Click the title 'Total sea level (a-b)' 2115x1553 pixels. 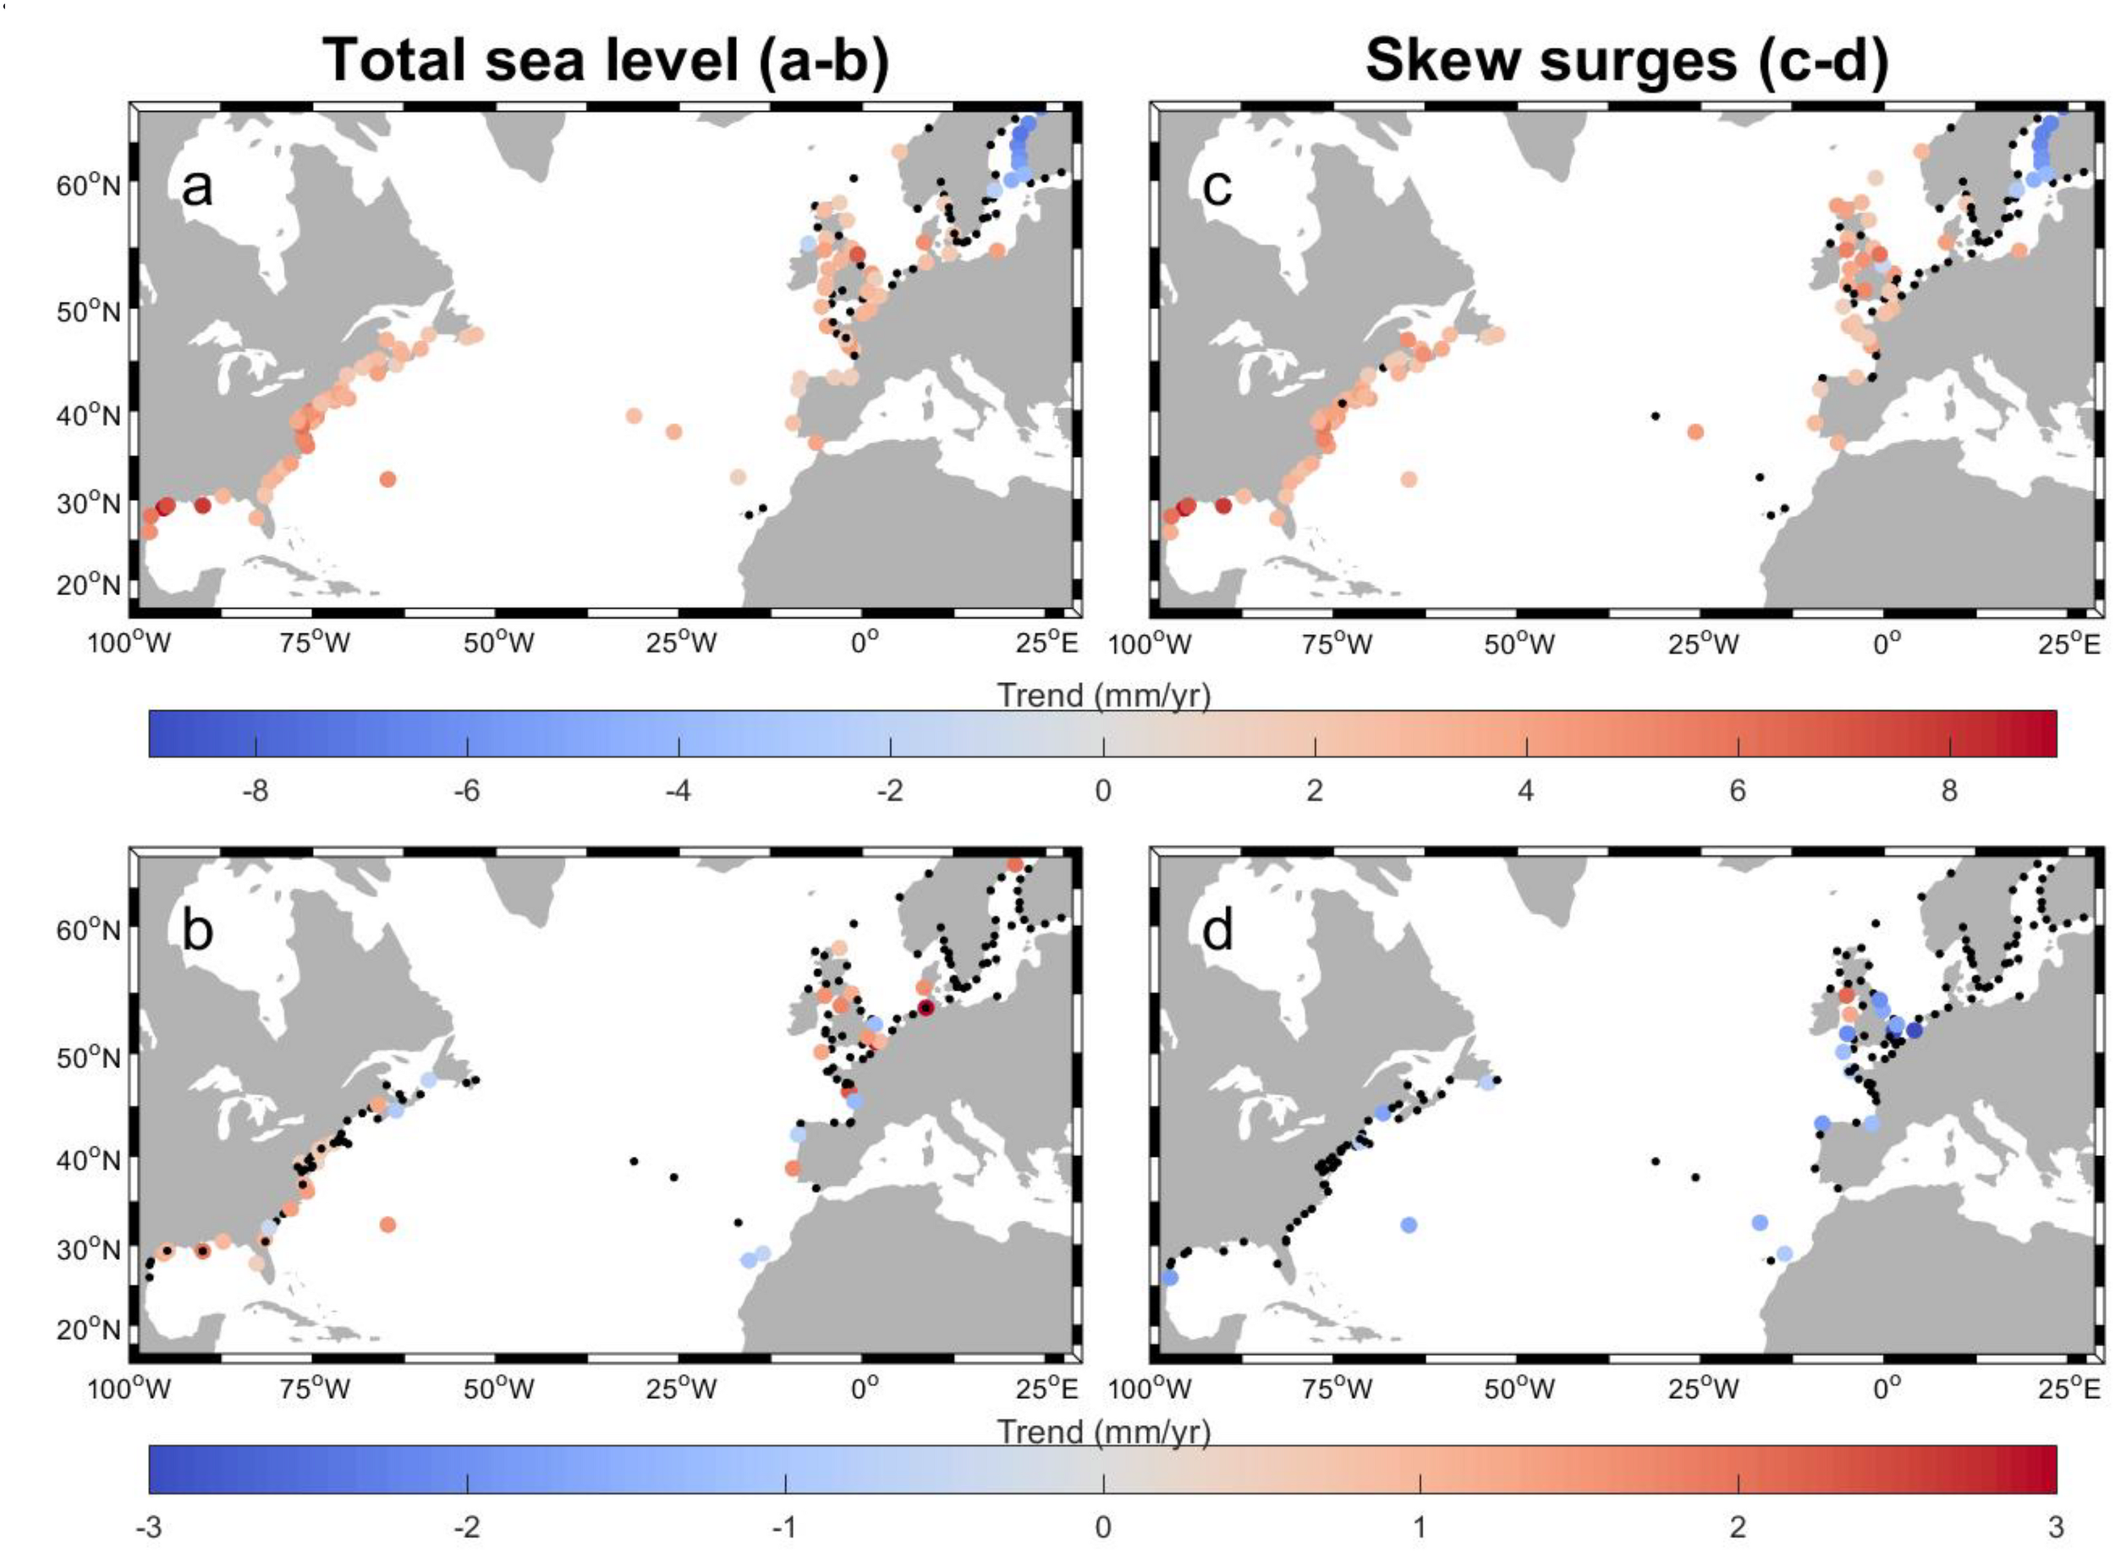pyautogui.click(x=605, y=61)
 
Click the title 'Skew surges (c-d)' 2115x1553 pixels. pyautogui.click(x=1626, y=61)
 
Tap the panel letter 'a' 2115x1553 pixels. pyautogui.click(x=196, y=187)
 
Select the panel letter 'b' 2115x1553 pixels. pyautogui.click(x=196, y=932)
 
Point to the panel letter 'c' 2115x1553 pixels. pyautogui.click(x=1217, y=187)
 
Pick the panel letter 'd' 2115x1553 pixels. pyautogui.click(x=1217, y=932)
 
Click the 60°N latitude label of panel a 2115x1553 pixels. pyautogui.click(x=88, y=185)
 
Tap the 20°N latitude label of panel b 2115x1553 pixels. pyautogui.click(x=88, y=1330)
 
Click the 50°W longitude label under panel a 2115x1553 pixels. pyautogui.click(x=498, y=644)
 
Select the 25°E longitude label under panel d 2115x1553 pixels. pyautogui.click(x=2068, y=1389)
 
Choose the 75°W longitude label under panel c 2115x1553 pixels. pyautogui.click(x=1336, y=644)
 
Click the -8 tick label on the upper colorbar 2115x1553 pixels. pyautogui.click(x=255, y=790)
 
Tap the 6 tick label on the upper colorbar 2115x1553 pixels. pyautogui.click(x=1738, y=790)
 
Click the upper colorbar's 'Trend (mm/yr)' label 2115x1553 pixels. pyautogui.click(x=1103, y=696)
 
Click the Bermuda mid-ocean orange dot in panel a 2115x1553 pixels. pyautogui.click(x=387, y=479)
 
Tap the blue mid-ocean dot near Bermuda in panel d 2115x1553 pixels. pyautogui.click(x=1409, y=1225)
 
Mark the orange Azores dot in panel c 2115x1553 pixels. pyautogui.click(x=1695, y=432)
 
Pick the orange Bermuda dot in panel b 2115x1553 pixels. pyautogui.click(x=387, y=1225)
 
